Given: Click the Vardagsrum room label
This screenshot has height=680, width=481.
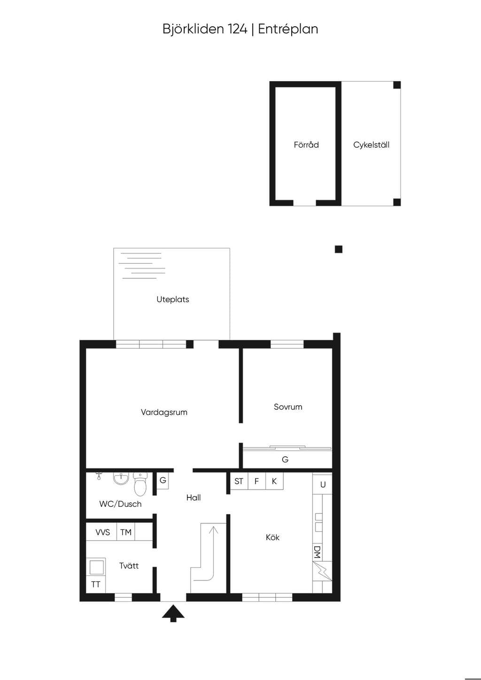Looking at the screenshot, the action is (x=164, y=412).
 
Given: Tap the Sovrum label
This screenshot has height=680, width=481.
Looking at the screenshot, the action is (x=288, y=407).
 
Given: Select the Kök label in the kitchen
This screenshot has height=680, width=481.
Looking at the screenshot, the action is (x=272, y=537).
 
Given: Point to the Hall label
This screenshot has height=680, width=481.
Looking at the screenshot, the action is (x=194, y=497).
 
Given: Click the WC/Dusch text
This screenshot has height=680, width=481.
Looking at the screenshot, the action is (x=120, y=504).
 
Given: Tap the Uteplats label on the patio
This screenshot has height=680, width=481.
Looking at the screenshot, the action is (x=172, y=299).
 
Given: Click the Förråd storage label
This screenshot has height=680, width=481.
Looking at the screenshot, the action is (x=306, y=145).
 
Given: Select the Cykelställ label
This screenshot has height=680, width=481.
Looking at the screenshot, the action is (x=371, y=145).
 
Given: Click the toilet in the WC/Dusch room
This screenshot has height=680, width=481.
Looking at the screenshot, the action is (x=140, y=483).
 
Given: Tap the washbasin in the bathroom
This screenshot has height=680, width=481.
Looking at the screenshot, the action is (x=121, y=479).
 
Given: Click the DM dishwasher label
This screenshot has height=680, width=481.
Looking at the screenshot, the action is (x=317, y=552).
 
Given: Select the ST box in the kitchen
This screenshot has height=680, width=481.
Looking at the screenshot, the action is (x=239, y=481).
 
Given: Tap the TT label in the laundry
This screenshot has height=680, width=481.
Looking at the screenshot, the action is (x=95, y=585).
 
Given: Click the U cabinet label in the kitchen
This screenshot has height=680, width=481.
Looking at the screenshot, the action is (x=323, y=485).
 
